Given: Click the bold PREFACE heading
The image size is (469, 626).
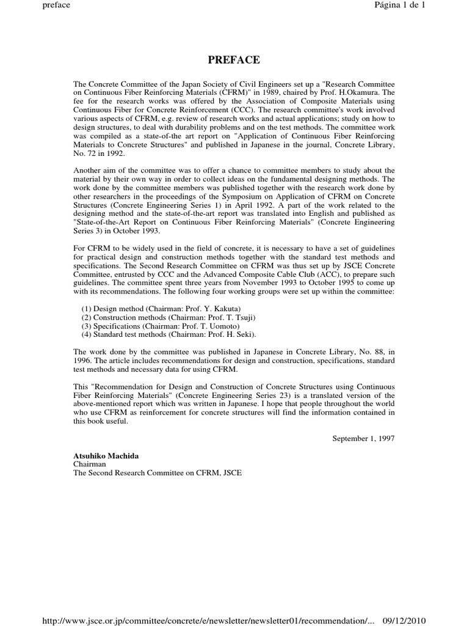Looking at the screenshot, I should tap(234, 60).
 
